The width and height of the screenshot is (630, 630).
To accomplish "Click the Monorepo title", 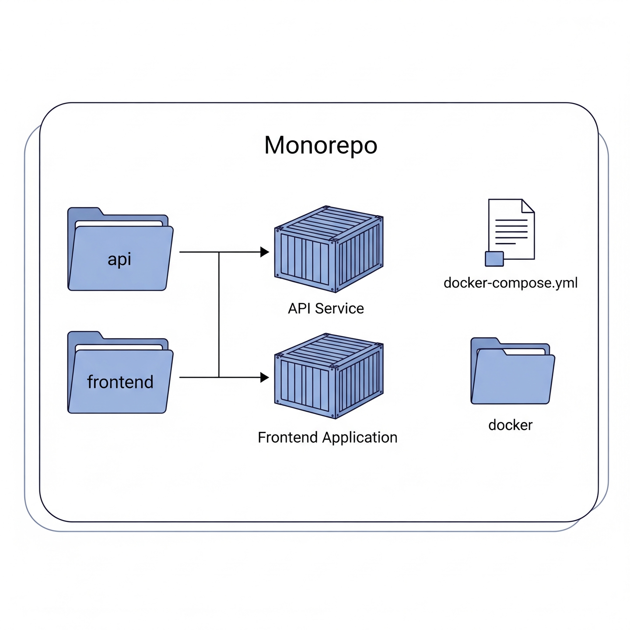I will point(321,146).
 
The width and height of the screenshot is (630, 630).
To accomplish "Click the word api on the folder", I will point(119,259).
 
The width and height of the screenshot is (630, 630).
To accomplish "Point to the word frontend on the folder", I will point(120,382).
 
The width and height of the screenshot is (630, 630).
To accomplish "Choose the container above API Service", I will point(329,248).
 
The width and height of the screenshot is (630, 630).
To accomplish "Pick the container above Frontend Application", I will point(329,376).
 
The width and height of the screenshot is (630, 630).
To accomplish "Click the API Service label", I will point(325,308).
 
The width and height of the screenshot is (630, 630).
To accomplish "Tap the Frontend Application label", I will point(327,437).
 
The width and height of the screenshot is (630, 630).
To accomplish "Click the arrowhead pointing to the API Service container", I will point(264,252).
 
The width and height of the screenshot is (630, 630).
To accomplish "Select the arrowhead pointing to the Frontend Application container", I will point(264,377).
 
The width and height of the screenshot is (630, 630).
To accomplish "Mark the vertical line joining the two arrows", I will point(219,315).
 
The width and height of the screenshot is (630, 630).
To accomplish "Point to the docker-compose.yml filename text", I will point(511,283).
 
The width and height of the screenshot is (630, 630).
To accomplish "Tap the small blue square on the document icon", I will point(494,259).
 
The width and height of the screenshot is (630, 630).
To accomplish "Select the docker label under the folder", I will point(510,425).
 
